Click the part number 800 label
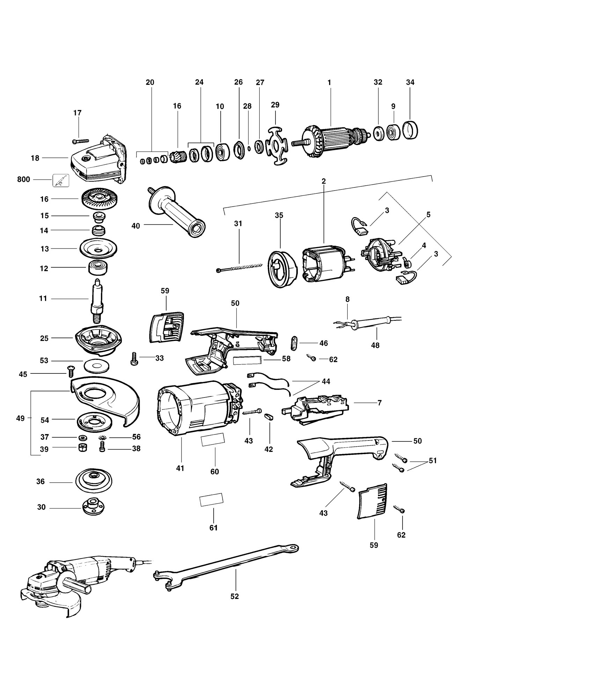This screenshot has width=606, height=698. (24, 180)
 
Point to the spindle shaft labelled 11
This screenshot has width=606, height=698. (97, 302)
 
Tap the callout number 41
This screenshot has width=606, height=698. (180, 468)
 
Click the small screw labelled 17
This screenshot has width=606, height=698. (81, 141)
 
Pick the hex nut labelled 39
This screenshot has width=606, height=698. (83, 448)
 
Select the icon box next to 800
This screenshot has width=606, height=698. (61, 180)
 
